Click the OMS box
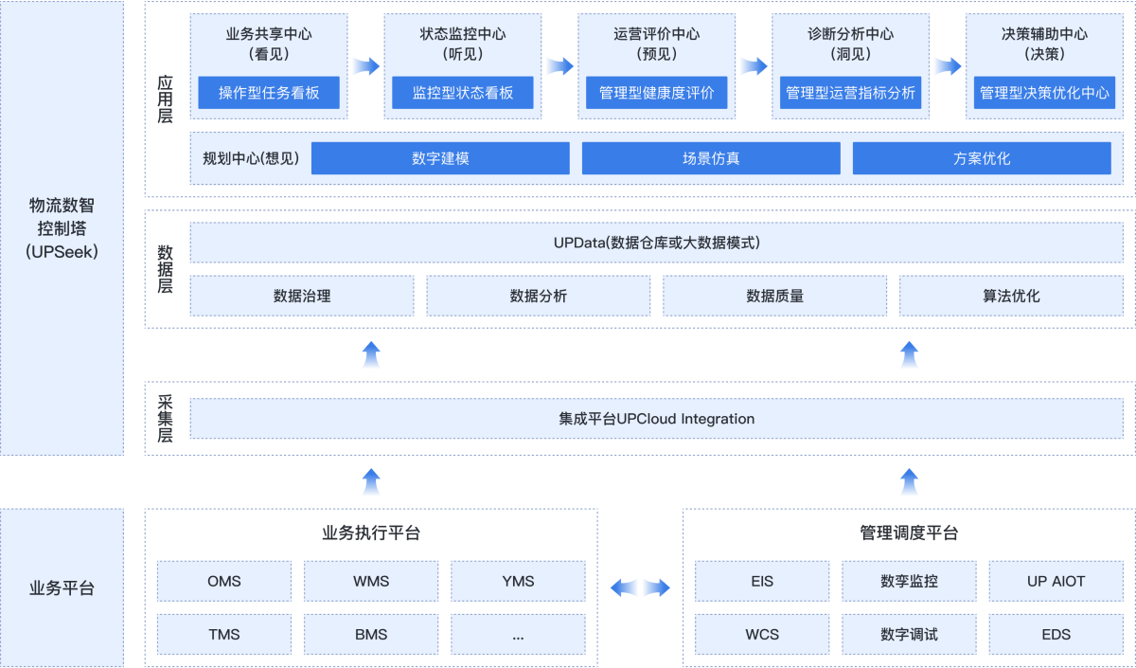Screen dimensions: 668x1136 (224, 581)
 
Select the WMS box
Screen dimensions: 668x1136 (371, 581)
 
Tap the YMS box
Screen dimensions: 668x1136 (518, 581)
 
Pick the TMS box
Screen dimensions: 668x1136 (224, 634)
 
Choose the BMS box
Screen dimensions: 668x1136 (371, 634)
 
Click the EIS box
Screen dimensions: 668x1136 (762, 581)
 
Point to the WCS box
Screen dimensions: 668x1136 (762, 634)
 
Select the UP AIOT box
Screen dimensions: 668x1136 (1056, 581)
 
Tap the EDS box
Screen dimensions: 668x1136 (1056, 634)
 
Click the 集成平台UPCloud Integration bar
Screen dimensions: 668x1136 (657, 419)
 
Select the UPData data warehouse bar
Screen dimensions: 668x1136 (657, 243)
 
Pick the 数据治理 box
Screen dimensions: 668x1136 (302, 296)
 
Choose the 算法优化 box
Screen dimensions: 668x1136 (1011, 296)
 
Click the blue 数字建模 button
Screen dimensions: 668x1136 (440, 158)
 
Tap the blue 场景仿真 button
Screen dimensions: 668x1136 (711, 158)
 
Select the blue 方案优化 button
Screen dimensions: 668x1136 (982, 158)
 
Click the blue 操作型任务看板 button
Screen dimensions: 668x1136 (269, 93)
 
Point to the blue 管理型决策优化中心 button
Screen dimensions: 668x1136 (1044, 93)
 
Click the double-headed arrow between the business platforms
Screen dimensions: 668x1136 (640, 588)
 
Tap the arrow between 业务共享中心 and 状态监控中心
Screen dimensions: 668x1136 (365, 66)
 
